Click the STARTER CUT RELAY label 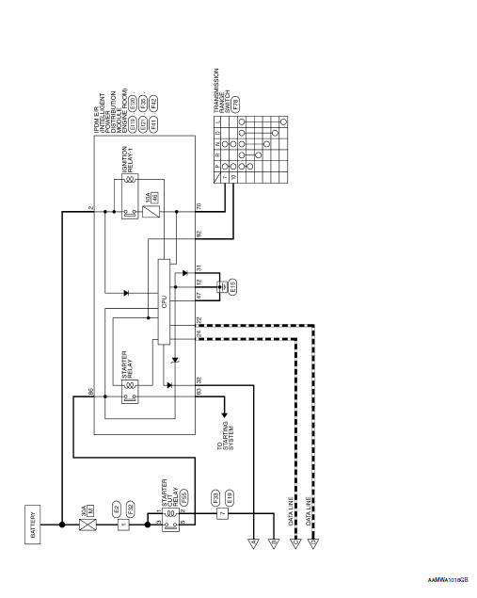point(169,494)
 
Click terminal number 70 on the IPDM point(199,205)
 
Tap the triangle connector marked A point(252,542)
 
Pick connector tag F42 point(153,100)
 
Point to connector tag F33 point(215,495)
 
